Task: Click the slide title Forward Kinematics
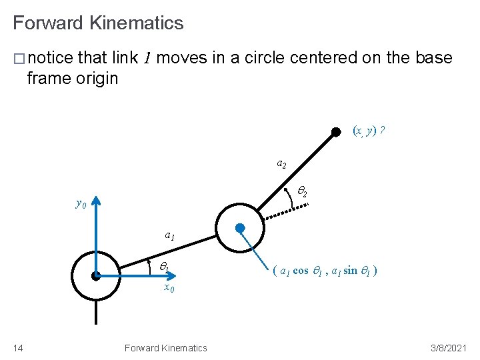point(98,23)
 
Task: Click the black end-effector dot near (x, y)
point(337,132)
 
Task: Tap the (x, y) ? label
point(369,131)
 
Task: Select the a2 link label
point(281,163)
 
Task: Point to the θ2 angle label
point(301,192)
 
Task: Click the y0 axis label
point(80,204)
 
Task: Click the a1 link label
point(170,235)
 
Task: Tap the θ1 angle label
point(163,267)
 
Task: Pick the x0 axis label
point(169,288)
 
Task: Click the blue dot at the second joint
point(240,227)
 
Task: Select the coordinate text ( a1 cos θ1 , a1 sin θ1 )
point(325,271)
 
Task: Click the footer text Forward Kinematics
point(165,347)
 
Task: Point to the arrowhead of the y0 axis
point(97,200)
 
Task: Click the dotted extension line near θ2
point(287,210)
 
